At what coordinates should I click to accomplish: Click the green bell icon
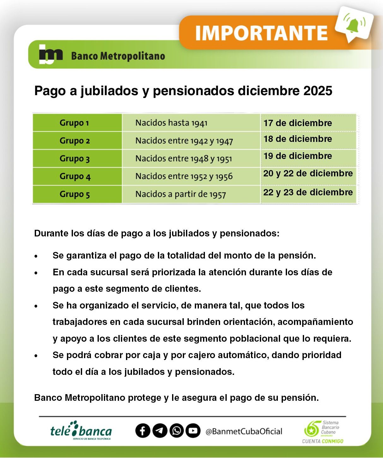point(353,25)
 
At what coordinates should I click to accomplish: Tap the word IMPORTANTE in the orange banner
point(261,33)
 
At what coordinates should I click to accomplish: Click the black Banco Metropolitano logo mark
point(50,54)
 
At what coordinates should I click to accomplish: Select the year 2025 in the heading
point(318,91)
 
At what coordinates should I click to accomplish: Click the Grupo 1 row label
point(74,123)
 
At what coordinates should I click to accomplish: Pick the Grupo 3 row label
point(75,158)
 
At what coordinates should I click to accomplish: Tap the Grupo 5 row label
point(75,194)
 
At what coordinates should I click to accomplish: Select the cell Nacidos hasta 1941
point(171,123)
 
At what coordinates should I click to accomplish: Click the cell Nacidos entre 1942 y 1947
point(184,141)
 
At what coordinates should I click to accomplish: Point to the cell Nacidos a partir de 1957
point(180,194)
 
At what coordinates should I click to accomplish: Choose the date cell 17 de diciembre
point(297,123)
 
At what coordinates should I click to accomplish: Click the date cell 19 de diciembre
point(297,156)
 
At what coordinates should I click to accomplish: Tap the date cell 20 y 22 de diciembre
point(308,173)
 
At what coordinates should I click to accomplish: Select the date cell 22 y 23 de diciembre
point(308,192)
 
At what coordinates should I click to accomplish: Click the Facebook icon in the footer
point(143,431)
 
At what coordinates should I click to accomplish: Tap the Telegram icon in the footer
point(160,431)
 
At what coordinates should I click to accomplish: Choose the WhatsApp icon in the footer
point(177,431)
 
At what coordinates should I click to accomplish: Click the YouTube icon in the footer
point(193,431)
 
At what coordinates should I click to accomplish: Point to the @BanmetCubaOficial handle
point(244,431)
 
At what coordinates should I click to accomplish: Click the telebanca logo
point(81,431)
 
